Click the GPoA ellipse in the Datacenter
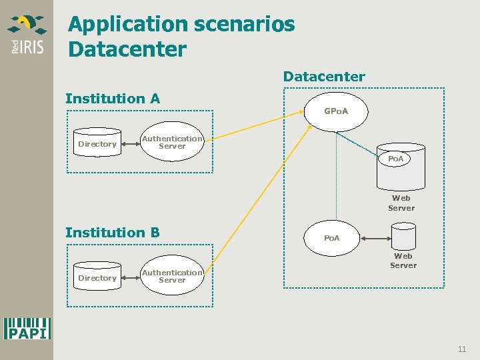point(335,111)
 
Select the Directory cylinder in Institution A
point(97,144)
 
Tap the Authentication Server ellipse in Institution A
point(172,142)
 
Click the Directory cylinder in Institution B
point(97,278)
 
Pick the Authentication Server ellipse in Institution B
point(172,276)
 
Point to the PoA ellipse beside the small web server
point(331,238)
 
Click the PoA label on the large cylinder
point(396,159)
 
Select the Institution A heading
point(113,99)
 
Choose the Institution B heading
point(113,233)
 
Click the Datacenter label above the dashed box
point(324,77)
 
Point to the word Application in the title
point(128,25)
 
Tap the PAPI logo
point(27,328)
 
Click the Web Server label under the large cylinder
point(401,203)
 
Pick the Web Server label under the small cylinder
point(403,260)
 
